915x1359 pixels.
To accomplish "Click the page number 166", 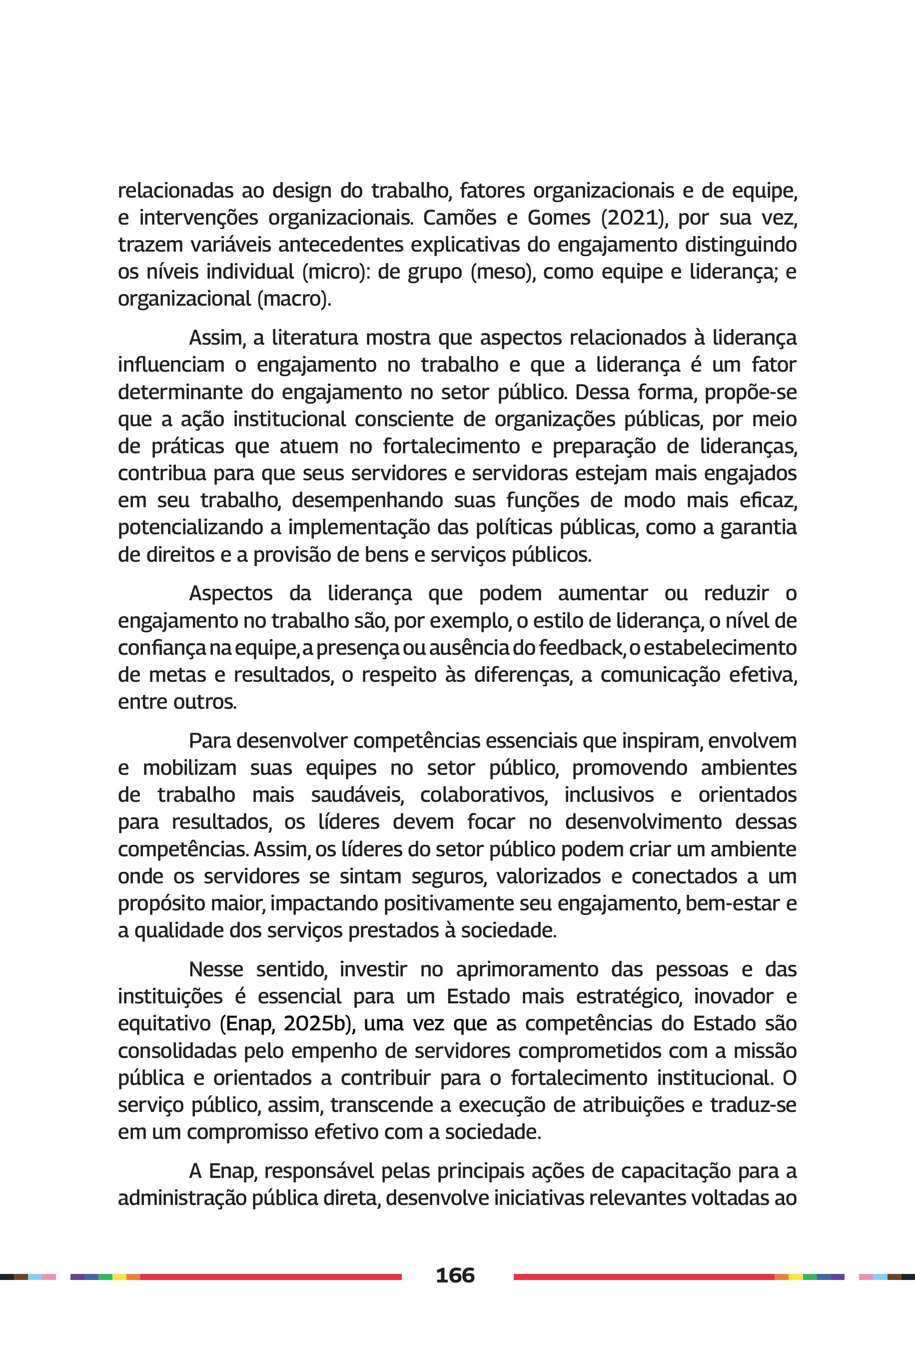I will point(455,1274).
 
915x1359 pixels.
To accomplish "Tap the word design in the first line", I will point(302,191).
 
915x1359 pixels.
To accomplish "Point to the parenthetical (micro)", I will point(335,272).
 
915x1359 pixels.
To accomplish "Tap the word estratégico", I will point(629,996).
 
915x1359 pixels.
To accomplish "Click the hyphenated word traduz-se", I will point(753,1105).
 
